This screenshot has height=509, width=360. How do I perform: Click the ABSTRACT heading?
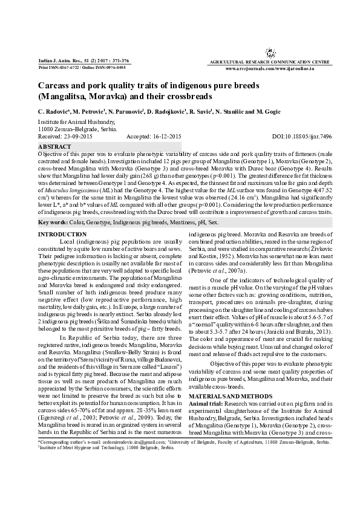[x=54, y=147]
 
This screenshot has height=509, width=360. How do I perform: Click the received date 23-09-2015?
[x=83, y=137]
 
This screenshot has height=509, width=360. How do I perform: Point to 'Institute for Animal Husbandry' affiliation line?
[x=74, y=122]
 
